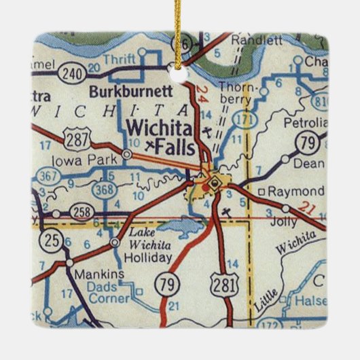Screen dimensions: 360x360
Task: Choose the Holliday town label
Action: [x=149, y=257]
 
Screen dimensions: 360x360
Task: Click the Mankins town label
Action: [x=99, y=275]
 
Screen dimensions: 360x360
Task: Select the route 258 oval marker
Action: [x=80, y=212]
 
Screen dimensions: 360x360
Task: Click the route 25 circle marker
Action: [x=48, y=239]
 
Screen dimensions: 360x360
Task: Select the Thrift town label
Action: [x=120, y=59]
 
